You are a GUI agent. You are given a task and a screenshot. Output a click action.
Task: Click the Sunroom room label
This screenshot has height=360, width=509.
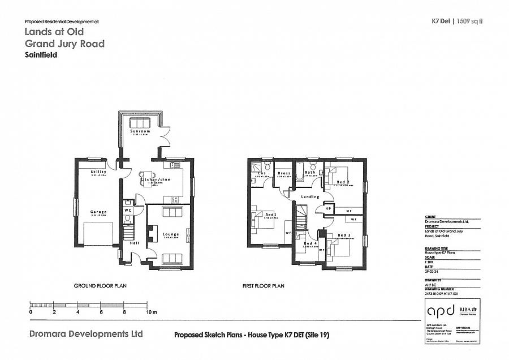[139, 131]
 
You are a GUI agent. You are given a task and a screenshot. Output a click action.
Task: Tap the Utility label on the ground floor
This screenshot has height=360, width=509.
[98, 172]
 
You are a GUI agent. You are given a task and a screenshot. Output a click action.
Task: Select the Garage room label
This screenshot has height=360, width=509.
[98, 212]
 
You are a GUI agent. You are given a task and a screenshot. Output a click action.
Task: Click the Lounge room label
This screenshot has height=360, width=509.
[171, 234]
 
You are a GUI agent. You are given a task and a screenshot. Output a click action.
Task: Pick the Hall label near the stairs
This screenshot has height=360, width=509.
[134, 243]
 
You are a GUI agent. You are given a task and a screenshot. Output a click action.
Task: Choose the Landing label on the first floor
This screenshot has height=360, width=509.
[310, 197]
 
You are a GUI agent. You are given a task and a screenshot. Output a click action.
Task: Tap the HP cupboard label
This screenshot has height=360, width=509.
[327, 208]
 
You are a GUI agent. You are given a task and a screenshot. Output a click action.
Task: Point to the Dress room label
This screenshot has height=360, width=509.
[284, 173]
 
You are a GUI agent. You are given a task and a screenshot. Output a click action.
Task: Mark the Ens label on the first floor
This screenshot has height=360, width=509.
[262, 173]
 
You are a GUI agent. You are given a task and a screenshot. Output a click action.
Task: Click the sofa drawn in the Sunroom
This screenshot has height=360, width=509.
[139, 123]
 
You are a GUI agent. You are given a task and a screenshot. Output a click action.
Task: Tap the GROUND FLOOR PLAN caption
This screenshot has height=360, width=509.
[100, 286]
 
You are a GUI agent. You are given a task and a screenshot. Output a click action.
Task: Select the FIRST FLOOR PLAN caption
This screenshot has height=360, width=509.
[263, 286]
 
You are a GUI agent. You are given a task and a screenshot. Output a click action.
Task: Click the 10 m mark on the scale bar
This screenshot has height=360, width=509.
[149, 312]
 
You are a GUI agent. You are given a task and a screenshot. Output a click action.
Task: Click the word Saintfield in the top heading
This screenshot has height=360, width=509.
[41, 55]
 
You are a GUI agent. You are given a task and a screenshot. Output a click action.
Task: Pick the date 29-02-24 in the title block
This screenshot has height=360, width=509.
[433, 272]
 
